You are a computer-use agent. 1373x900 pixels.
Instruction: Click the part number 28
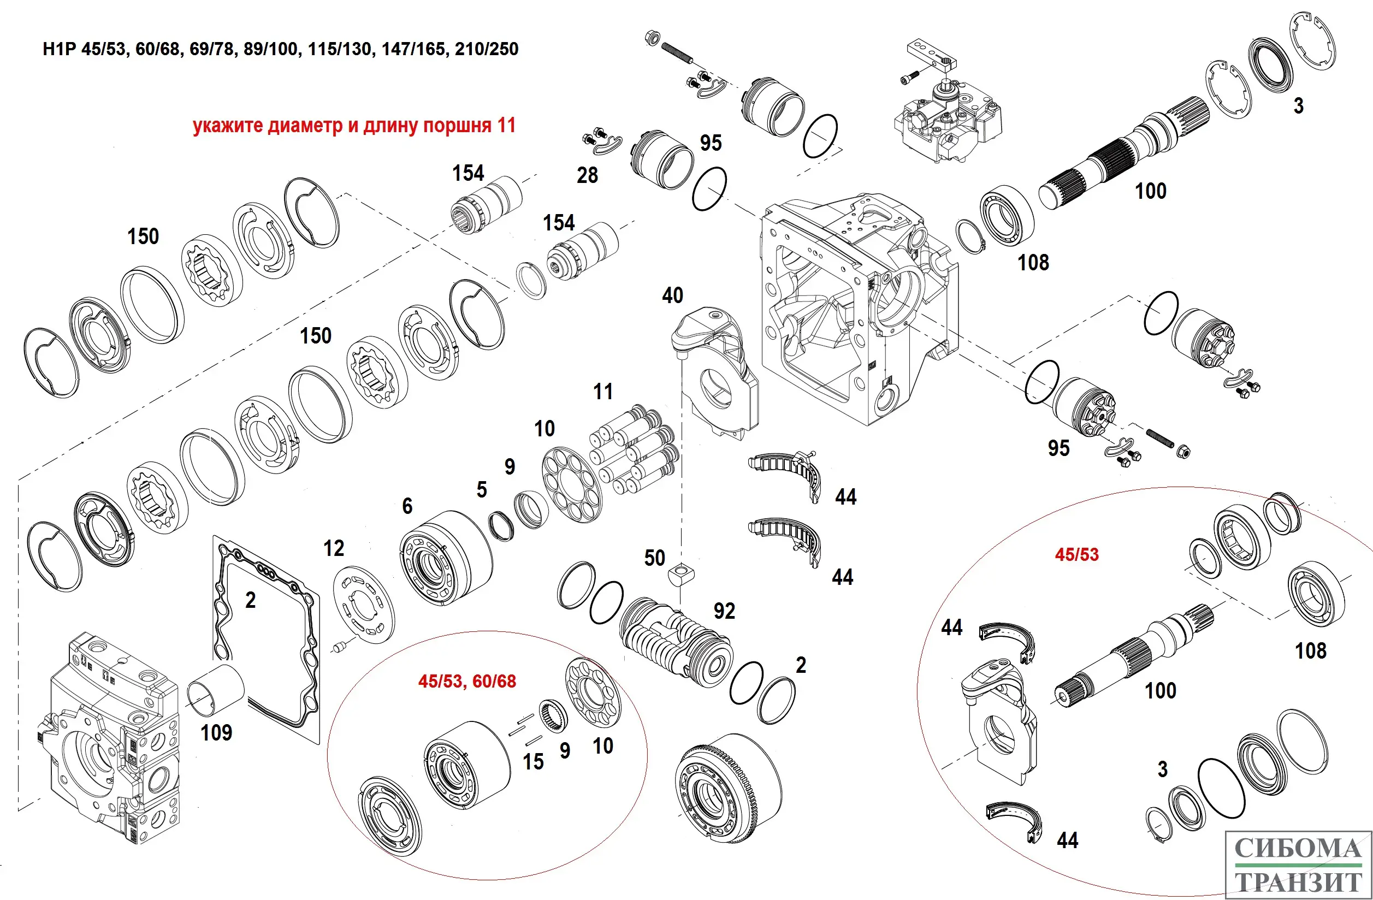[x=587, y=175]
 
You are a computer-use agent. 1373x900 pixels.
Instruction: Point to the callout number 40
[x=673, y=295]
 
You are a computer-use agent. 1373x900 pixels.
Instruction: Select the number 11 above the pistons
[x=603, y=392]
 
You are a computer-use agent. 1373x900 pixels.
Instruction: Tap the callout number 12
[x=334, y=548]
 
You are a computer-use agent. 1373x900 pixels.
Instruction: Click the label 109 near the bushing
[x=216, y=733]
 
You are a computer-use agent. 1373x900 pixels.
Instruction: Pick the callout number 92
[x=725, y=611]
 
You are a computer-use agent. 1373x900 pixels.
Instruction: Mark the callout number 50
[x=655, y=558]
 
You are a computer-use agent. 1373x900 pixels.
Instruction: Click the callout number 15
[x=533, y=761]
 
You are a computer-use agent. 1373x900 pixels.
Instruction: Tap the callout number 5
[x=482, y=490]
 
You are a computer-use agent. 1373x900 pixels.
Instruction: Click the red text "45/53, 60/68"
[x=467, y=682]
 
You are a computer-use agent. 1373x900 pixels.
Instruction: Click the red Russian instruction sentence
[x=354, y=126]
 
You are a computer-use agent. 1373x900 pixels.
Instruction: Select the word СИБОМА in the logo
[x=1298, y=849]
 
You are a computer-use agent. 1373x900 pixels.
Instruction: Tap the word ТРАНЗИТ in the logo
[x=1298, y=882]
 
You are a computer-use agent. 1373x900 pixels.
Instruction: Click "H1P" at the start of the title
[x=60, y=49]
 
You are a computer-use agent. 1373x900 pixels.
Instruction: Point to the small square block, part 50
[x=680, y=575]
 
